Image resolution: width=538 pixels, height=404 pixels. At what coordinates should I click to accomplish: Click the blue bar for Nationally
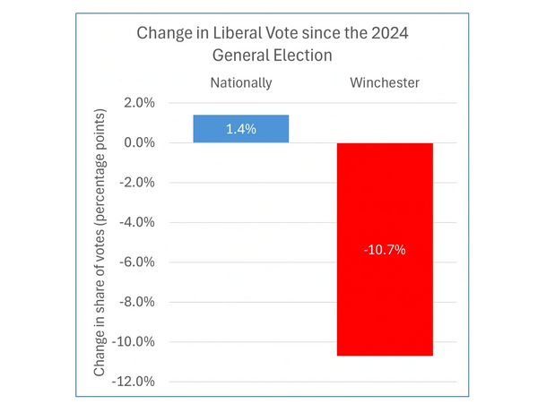click(241, 129)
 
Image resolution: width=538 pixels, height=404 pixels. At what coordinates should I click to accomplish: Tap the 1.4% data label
click(241, 129)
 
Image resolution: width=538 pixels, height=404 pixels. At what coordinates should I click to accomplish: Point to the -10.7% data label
click(385, 250)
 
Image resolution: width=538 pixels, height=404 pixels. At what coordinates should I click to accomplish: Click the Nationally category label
click(241, 83)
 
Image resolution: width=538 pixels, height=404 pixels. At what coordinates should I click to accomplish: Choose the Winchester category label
click(385, 83)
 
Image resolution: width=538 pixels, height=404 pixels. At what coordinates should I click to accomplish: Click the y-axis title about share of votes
click(102, 242)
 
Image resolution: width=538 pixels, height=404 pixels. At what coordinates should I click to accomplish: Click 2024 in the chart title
click(382, 34)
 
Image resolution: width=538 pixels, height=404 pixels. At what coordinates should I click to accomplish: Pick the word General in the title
click(239, 55)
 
